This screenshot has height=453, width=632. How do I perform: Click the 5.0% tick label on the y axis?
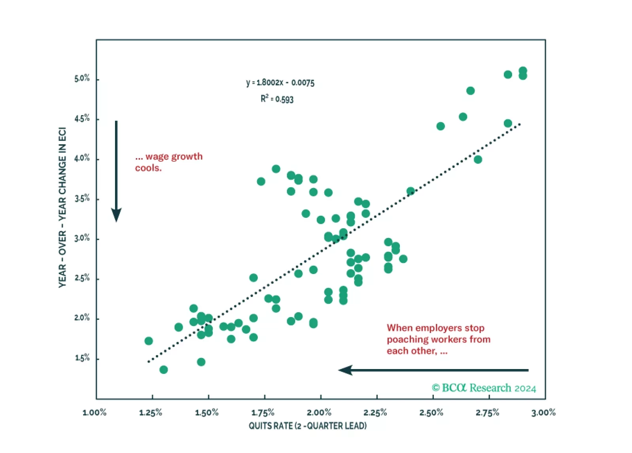[82, 78]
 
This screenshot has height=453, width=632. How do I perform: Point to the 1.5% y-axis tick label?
[82, 358]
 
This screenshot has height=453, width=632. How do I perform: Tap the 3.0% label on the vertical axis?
[82, 238]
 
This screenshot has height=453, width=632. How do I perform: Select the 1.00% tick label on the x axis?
[95, 413]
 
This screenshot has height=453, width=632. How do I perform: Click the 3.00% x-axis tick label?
[543, 413]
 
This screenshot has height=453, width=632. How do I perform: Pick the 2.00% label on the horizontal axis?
[319, 413]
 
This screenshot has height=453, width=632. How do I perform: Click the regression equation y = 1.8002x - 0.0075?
[280, 83]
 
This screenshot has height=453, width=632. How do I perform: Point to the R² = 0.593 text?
[277, 99]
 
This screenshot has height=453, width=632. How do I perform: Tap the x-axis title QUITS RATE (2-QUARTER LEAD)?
[307, 426]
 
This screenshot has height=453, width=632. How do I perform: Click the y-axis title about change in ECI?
[62, 207]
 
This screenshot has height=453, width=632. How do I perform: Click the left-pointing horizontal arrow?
[433, 370]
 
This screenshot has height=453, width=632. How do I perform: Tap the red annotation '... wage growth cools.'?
[168, 162]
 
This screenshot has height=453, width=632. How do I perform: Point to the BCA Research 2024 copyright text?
[484, 388]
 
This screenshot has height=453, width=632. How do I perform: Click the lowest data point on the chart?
[164, 370]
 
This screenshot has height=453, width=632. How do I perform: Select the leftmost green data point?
[149, 341]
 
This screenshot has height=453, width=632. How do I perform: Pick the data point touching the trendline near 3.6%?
[411, 192]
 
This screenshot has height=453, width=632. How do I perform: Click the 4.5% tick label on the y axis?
[82, 118]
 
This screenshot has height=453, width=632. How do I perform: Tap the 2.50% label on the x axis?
[431, 413]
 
